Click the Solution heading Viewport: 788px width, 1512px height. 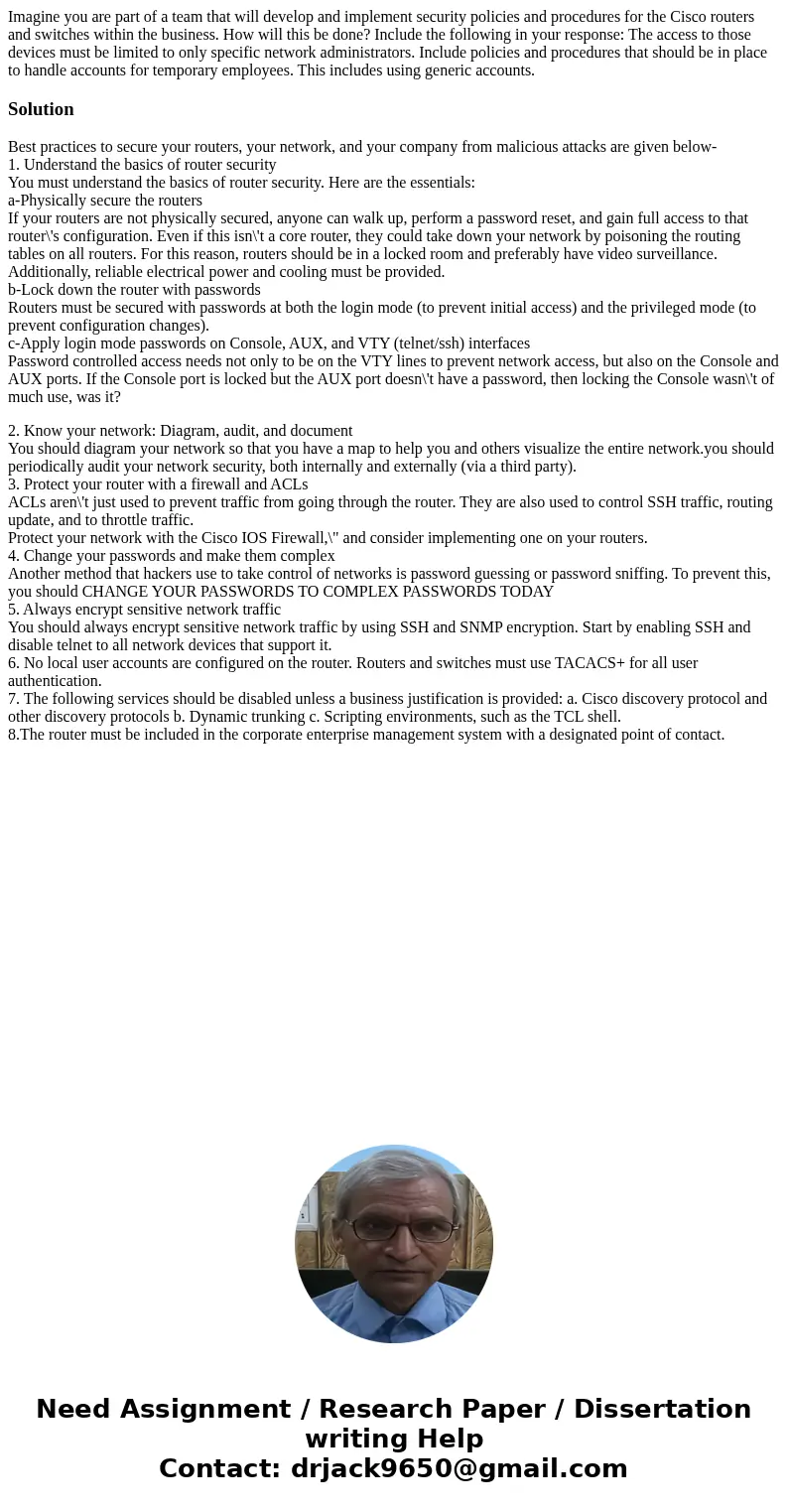pos(41,109)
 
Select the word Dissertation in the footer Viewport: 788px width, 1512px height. pos(662,1409)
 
